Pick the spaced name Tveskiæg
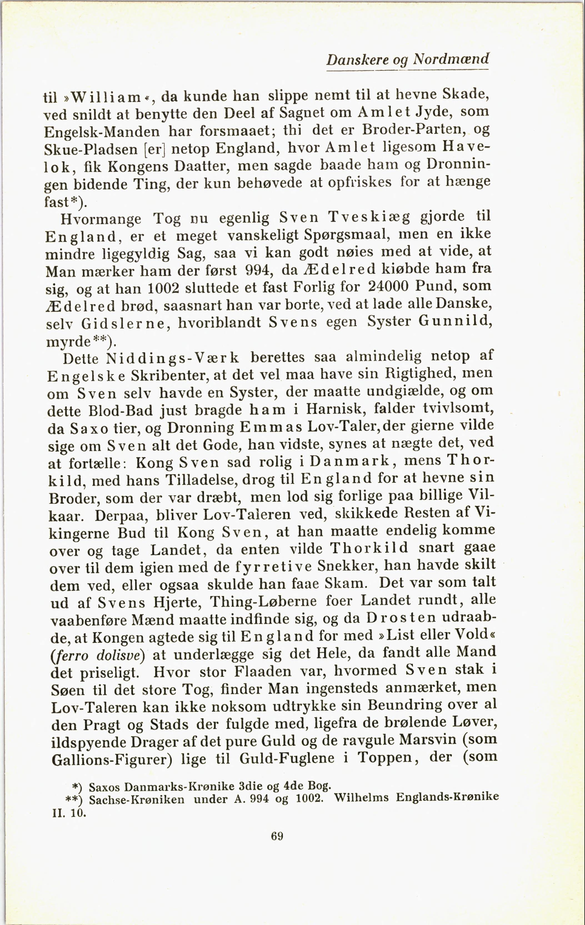pyautogui.click(x=369, y=217)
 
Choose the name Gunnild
pyautogui.click(x=455, y=321)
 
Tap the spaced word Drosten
pyautogui.click(x=401, y=618)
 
